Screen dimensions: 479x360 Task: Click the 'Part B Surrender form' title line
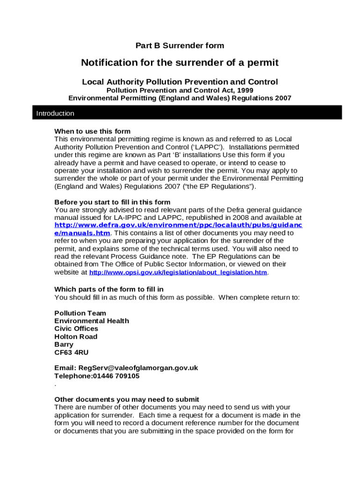(x=180, y=45)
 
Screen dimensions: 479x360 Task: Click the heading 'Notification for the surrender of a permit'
(x=180, y=63)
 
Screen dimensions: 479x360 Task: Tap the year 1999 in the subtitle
(x=245, y=90)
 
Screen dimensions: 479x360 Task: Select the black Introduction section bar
(x=187, y=113)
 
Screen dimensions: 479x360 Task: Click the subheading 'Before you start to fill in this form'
(x=112, y=202)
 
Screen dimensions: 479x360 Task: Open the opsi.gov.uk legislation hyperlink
(x=178, y=273)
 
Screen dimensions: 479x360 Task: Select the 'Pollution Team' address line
(x=80, y=313)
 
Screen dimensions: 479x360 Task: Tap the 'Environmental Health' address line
(x=92, y=321)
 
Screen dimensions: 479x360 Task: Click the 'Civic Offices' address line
(x=76, y=329)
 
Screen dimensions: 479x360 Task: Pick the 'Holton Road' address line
(x=76, y=337)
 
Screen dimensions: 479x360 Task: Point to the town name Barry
(x=64, y=344)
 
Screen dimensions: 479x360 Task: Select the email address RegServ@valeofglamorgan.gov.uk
(x=138, y=368)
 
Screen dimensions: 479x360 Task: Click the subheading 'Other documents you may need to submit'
(x=127, y=399)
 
